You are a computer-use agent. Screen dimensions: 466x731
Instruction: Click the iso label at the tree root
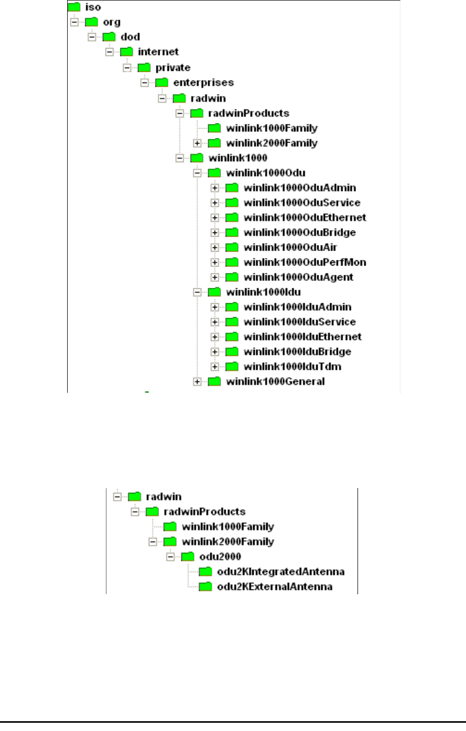(x=92, y=7)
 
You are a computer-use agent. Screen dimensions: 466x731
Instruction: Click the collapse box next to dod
(x=91, y=37)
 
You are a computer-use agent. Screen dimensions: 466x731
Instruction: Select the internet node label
(x=158, y=52)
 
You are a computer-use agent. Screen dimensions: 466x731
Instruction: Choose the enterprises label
(x=204, y=83)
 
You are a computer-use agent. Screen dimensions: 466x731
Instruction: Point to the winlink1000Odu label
(x=265, y=173)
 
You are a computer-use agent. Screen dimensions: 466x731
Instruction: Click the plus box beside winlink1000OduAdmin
(x=215, y=188)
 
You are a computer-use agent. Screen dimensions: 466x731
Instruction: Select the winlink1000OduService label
(x=302, y=203)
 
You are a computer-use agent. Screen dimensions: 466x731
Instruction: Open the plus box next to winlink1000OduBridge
(x=215, y=232)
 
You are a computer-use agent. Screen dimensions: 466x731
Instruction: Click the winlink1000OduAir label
(x=290, y=247)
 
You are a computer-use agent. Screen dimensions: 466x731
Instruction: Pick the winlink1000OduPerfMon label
(x=305, y=262)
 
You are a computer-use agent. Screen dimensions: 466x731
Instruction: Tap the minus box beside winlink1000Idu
(x=197, y=292)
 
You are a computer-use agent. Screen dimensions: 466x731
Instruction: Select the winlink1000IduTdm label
(x=292, y=367)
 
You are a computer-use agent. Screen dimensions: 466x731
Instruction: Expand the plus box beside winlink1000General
(x=197, y=382)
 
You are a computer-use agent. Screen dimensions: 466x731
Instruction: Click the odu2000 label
(x=220, y=557)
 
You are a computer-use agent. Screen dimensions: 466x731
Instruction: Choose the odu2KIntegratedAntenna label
(x=281, y=572)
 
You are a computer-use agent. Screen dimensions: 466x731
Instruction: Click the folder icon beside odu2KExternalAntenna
(x=206, y=587)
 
